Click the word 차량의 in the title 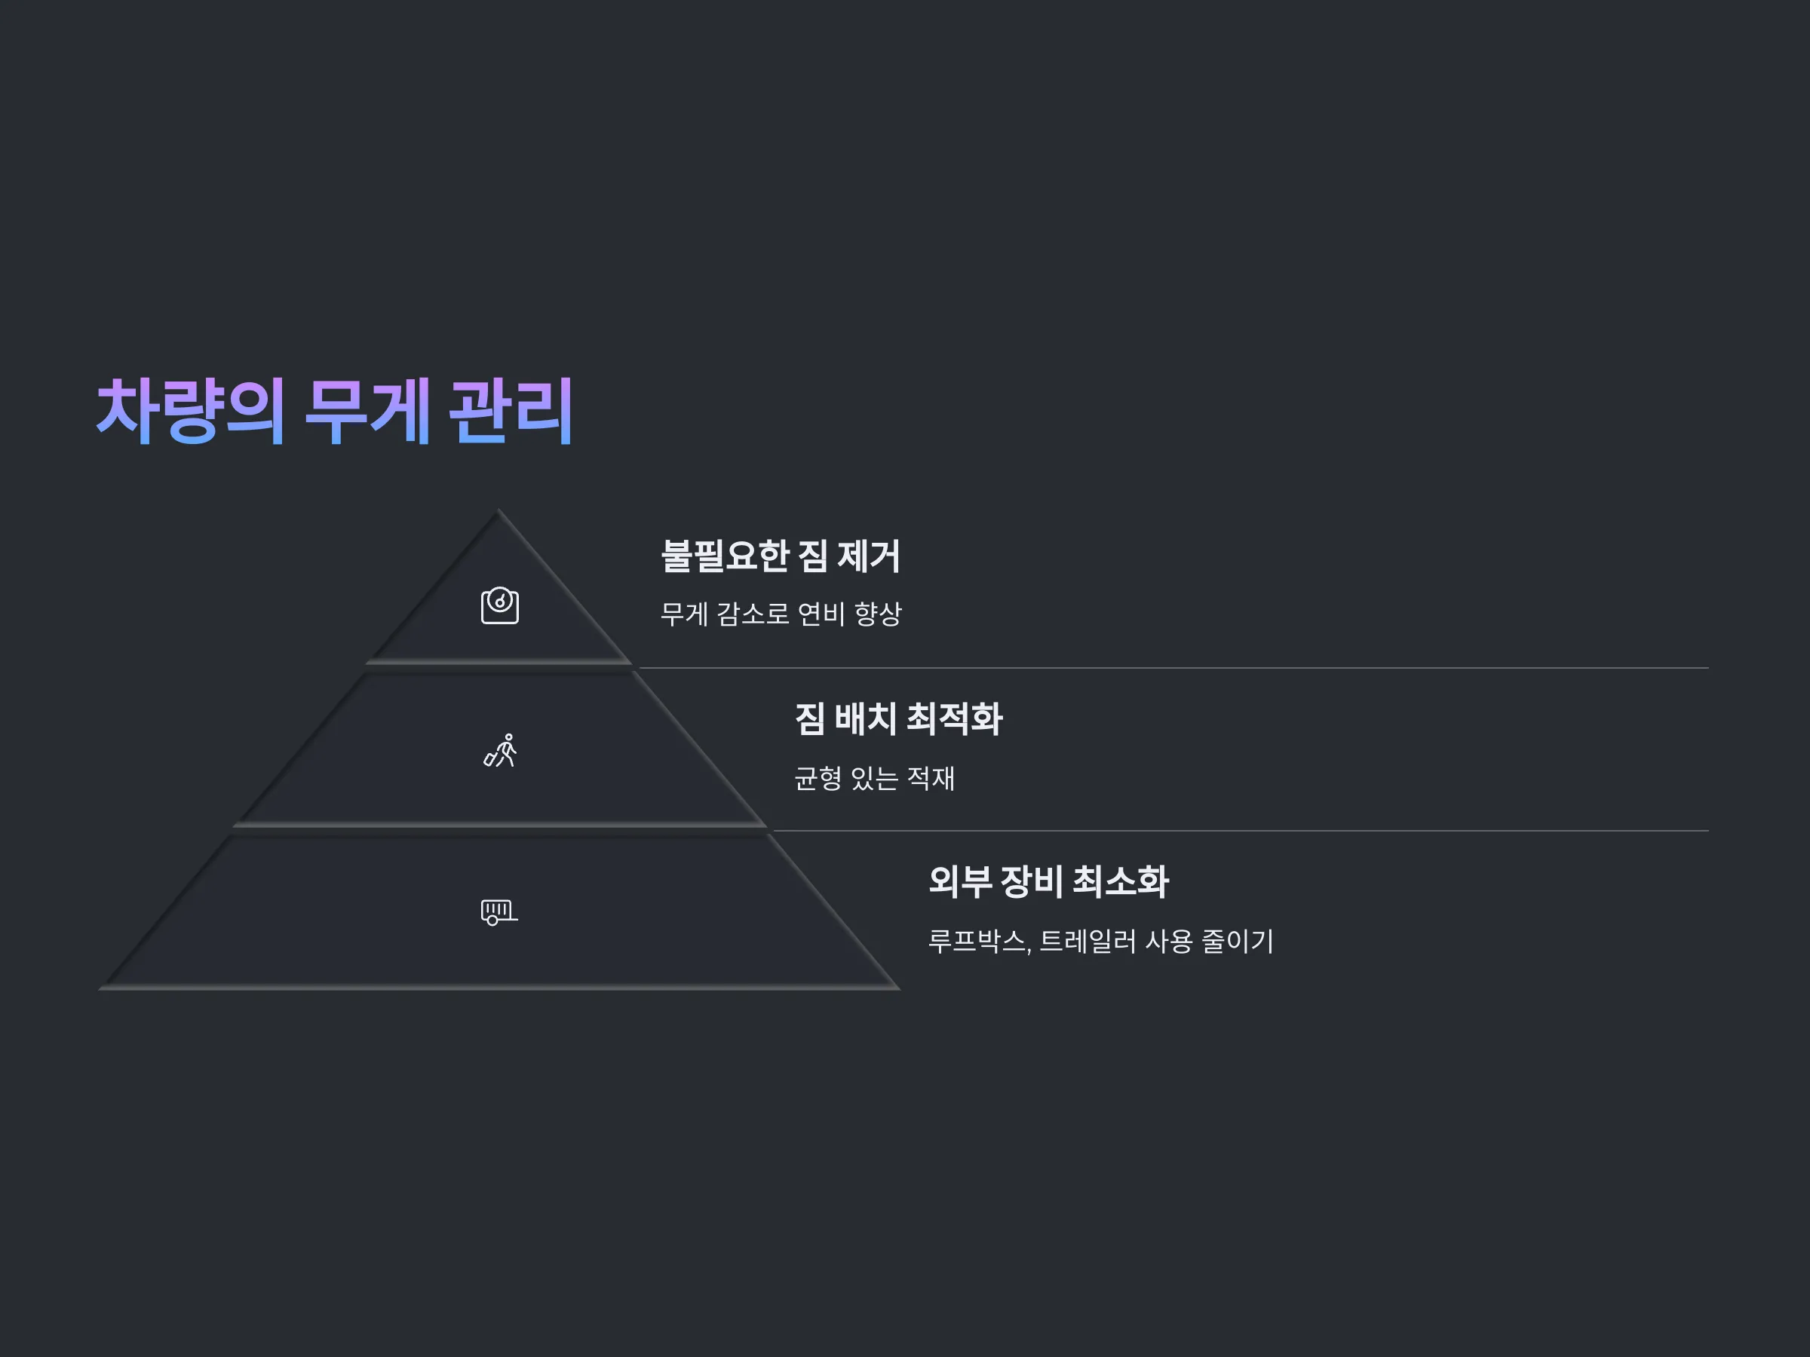tap(191, 411)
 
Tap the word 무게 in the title tap(368, 411)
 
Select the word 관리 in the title tap(511, 411)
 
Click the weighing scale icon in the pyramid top tap(500, 605)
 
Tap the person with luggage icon tap(500, 750)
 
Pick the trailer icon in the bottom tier tap(500, 912)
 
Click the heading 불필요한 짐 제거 tap(781, 556)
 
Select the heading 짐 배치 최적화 tap(898, 719)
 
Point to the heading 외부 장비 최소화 tap(1049, 882)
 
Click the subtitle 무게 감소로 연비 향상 tap(781, 614)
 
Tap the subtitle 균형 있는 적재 tap(875, 778)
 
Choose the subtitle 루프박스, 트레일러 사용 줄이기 tap(1101, 942)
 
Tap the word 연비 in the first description tap(821, 614)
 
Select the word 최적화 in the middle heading tap(955, 719)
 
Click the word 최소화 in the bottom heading tap(1121, 882)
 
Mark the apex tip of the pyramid tap(499, 510)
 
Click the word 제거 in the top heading tap(869, 556)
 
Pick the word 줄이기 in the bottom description tap(1238, 942)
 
